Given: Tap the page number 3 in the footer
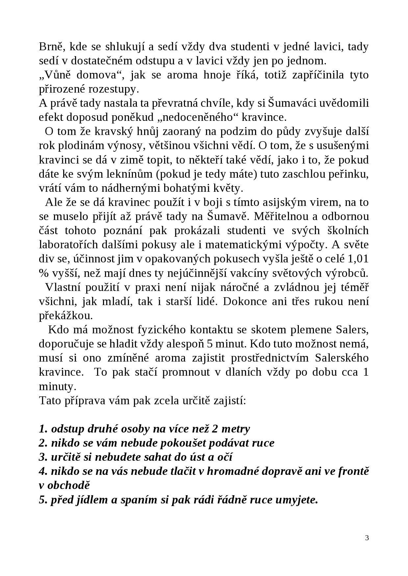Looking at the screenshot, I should point(367,538).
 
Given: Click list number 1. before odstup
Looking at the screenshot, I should point(43,429).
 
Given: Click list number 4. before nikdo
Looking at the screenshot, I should point(43,472).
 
